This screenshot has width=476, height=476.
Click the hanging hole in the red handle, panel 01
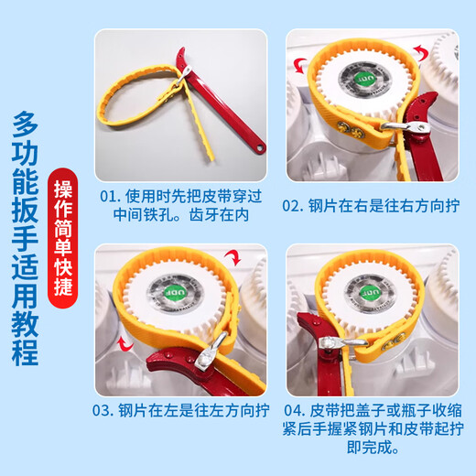click(x=259, y=144)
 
